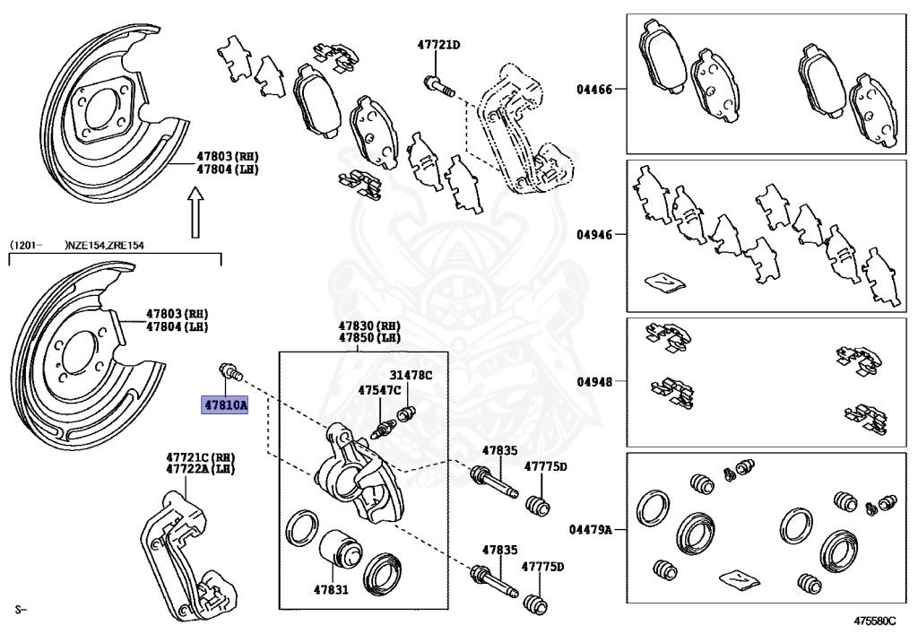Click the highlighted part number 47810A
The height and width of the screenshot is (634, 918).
click(x=224, y=404)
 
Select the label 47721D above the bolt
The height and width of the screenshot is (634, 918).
click(x=437, y=44)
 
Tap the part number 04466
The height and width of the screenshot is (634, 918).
click(x=594, y=90)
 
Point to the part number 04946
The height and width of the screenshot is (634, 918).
click(x=594, y=235)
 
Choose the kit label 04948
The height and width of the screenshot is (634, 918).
click(x=594, y=381)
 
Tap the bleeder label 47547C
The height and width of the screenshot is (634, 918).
click(x=379, y=390)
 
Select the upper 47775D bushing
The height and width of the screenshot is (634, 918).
click(x=537, y=505)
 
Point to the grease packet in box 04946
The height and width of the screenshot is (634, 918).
click(x=664, y=282)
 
